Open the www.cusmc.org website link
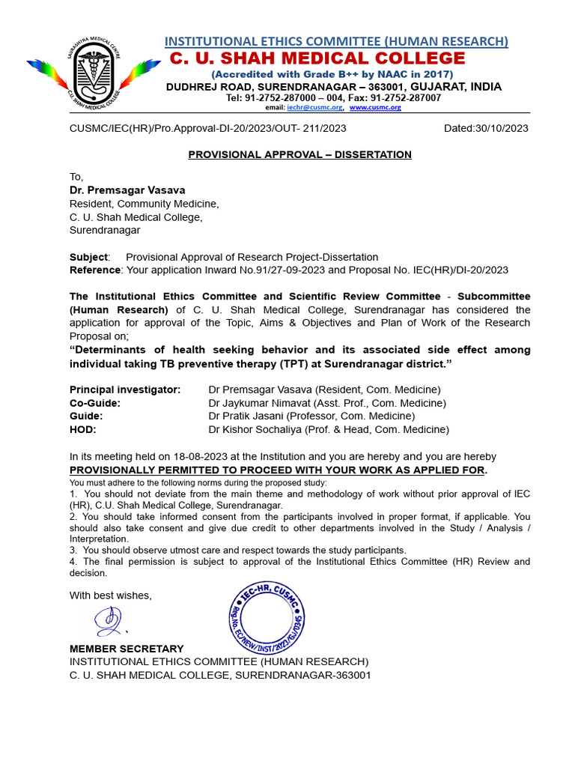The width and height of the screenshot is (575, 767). [375, 108]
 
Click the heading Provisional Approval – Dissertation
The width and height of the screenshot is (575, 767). [299, 155]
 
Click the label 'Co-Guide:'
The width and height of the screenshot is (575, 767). [95, 403]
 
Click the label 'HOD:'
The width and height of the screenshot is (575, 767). [83, 430]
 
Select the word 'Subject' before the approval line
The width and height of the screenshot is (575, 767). [88, 257]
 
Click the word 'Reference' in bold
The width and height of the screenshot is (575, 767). [95, 270]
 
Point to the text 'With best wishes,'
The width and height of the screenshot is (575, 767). [111, 595]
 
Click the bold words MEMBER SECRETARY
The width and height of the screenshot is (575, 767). [127, 649]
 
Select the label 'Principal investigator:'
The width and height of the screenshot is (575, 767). [125, 389]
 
